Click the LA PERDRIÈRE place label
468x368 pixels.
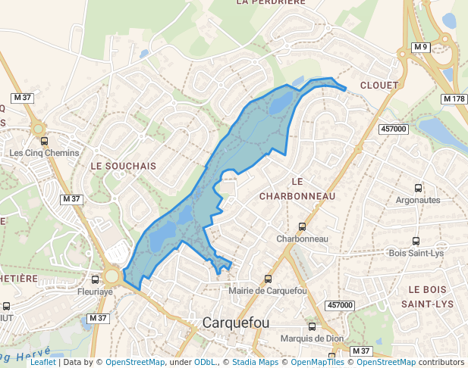click(270, 2)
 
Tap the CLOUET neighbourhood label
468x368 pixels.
click(378, 86)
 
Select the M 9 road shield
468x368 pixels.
click(422, 48)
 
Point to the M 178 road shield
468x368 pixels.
click(454, 99)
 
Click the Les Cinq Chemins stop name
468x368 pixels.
click(44, 153)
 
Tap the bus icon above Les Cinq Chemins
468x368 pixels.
click(44, 141)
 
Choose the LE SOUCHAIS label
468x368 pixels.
click(123, 165)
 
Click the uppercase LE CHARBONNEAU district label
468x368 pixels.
click(297, 189)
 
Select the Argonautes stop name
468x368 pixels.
click(418, 200)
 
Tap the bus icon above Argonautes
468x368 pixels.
click(418, 188)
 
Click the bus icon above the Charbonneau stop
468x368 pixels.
click(302, 226)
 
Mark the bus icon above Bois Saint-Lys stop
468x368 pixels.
click(415, 241)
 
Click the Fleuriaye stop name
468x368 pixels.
click(95, 291)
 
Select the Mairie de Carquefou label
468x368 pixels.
click(267, 291)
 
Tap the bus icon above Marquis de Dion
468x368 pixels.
click(312, 326)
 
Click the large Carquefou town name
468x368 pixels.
click(236, 323)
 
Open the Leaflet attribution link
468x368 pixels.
click(42, 363)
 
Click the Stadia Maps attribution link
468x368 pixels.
click(254, 363)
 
